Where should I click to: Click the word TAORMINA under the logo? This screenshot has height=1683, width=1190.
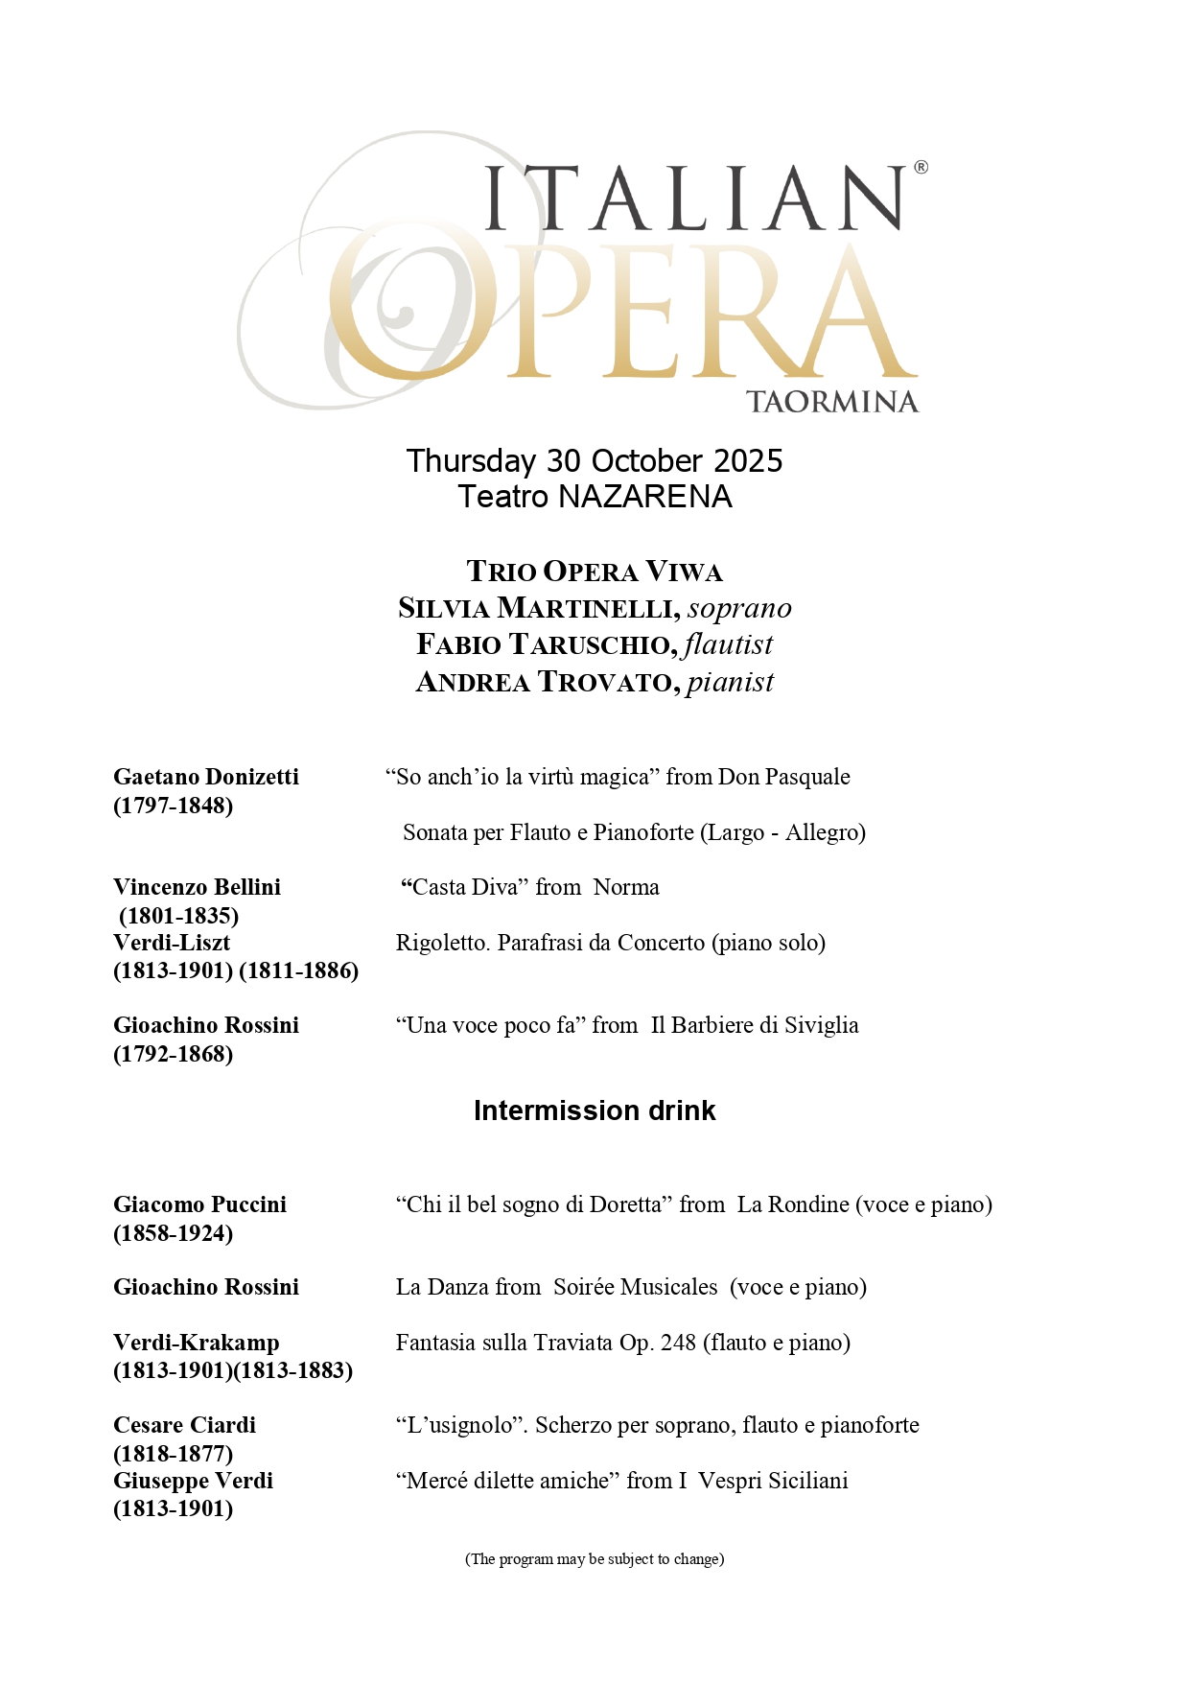tap(831, 402)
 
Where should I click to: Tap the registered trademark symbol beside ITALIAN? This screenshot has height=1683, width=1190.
tap(921, 168)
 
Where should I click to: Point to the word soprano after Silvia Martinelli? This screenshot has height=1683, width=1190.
tap(739, 608)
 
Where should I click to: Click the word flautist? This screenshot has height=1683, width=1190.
tap(728, 644)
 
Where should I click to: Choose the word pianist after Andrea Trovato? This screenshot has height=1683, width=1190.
tap(730, 682)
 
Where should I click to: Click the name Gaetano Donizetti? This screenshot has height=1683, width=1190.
tap(206, 777)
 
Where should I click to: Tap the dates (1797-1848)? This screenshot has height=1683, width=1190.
tap(174, 806)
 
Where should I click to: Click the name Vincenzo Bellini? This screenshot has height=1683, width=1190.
tap(198, 887)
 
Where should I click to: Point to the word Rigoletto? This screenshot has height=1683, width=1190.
tap(442, 943)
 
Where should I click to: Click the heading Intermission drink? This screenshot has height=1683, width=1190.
tap(595, 1110)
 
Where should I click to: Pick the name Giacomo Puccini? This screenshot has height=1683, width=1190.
tap(200, 1204)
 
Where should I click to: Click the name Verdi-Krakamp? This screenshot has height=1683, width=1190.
tap(197, 1343)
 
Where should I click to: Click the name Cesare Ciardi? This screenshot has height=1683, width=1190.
tap(185, 1425)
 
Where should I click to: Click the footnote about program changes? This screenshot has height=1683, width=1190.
tap(595, 1559)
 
